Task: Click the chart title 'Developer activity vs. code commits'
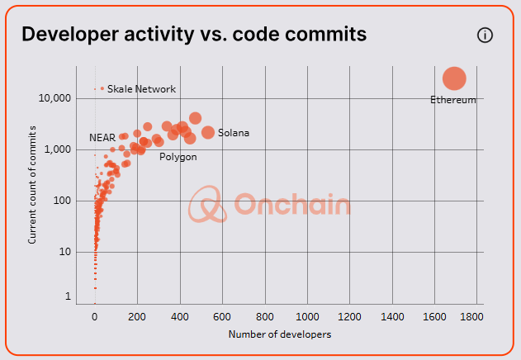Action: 194,34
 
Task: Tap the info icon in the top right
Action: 485,35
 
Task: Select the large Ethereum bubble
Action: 454,78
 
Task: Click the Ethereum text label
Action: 453,100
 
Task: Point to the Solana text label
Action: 234,133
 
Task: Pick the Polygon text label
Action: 178,157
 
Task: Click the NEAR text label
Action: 102,137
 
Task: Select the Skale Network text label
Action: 141,89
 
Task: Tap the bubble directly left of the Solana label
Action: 208,132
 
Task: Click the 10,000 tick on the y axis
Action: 55,98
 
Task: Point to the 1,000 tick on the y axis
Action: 59,149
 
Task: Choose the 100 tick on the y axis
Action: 62,201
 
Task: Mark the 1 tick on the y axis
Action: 69,297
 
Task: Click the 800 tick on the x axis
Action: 265,317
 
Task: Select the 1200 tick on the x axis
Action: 350,317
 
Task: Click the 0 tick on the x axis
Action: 95,317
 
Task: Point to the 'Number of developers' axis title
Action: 279,335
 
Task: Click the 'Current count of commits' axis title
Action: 33,184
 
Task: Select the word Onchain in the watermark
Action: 291,205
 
